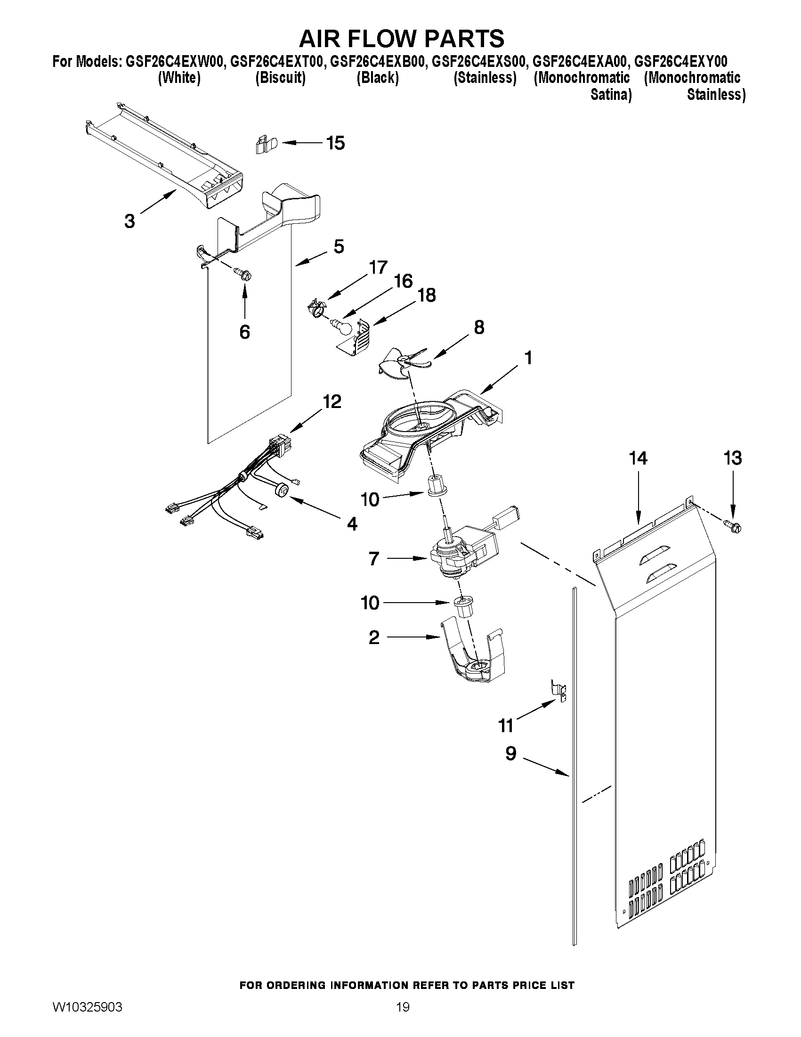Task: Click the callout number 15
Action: pyautogui.click(x=335, y=143)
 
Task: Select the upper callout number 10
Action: pyautogui.click(x=370, y=499)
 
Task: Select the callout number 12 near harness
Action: pyautogui.click(x=332, y=402)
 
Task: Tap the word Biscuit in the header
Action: pyautogui.click(x=280, y=78)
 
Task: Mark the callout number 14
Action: pyautogui.click(x=638, y=458)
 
